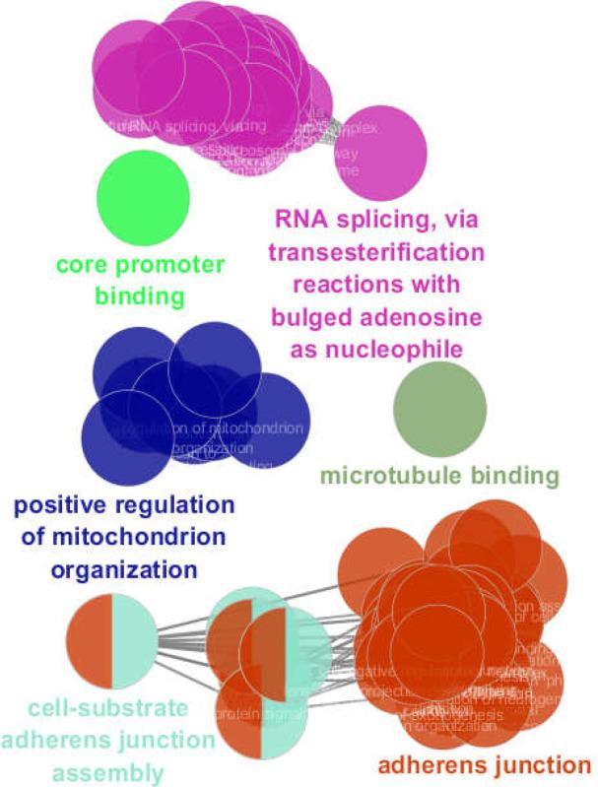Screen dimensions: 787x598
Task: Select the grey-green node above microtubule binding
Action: click(x=439, y=409)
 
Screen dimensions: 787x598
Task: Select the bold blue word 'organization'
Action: click(x=124, y=568)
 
